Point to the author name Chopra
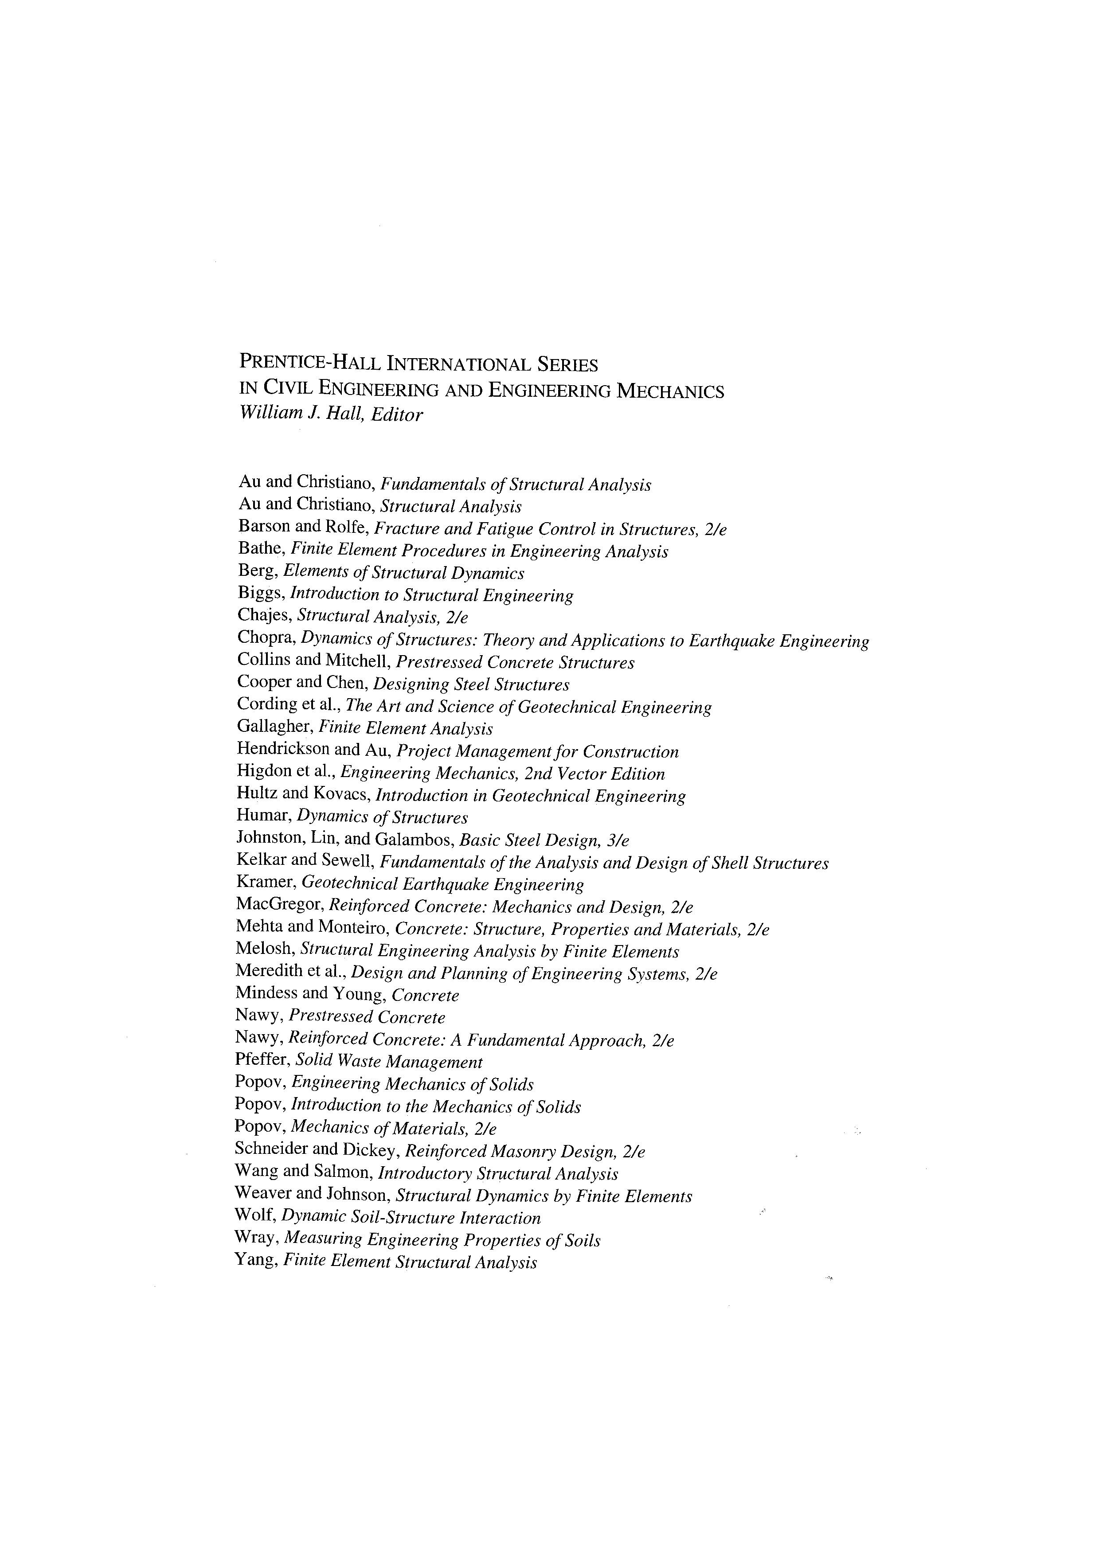click(x=266, y=638)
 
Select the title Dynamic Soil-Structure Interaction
click(x=411, y=1218)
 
